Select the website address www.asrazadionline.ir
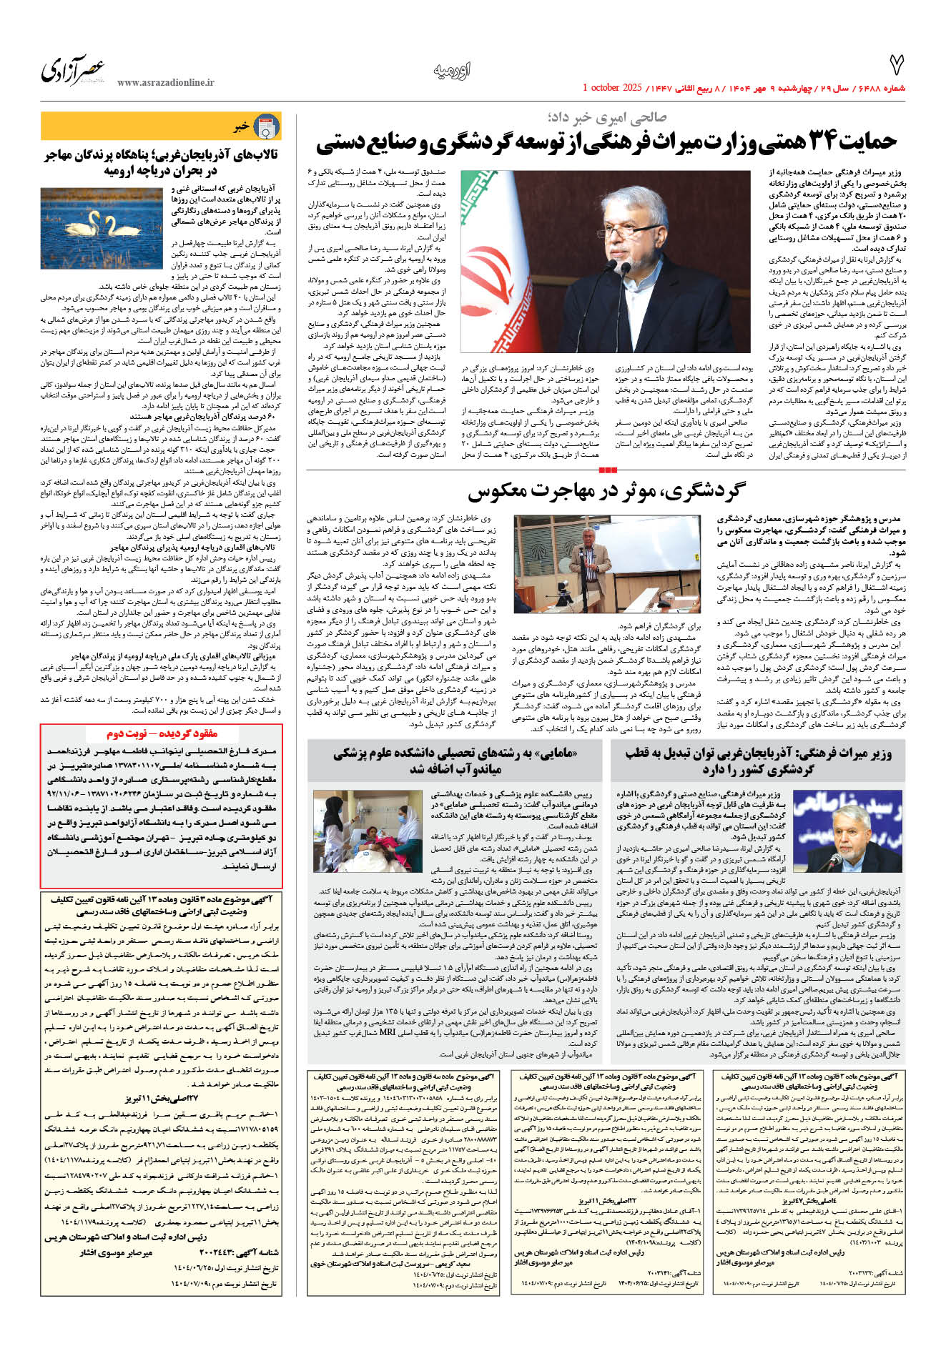pos(165,83)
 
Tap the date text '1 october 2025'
pos(614,88)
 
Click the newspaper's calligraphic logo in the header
pos(73,70)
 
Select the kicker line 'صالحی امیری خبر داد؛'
pos(607,117)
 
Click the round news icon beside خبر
pos(267,127)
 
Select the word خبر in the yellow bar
pos(241,127)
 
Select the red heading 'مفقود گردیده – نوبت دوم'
pos(162,733)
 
